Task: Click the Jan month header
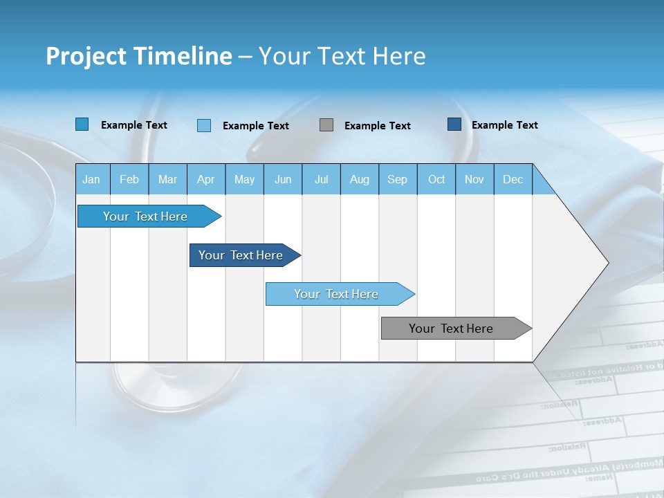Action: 91,179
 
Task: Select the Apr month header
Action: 205,179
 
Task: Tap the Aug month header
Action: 359,179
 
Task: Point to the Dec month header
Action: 513,179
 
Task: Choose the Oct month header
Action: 436,179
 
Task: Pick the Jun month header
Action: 282,179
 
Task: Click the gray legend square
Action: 326,125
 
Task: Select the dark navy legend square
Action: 454,124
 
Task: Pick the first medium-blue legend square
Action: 82,124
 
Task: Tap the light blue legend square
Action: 204,125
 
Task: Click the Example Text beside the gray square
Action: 377,126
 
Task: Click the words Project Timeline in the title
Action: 138,56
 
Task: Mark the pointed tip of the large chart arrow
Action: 607,263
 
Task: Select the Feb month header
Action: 129,179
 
